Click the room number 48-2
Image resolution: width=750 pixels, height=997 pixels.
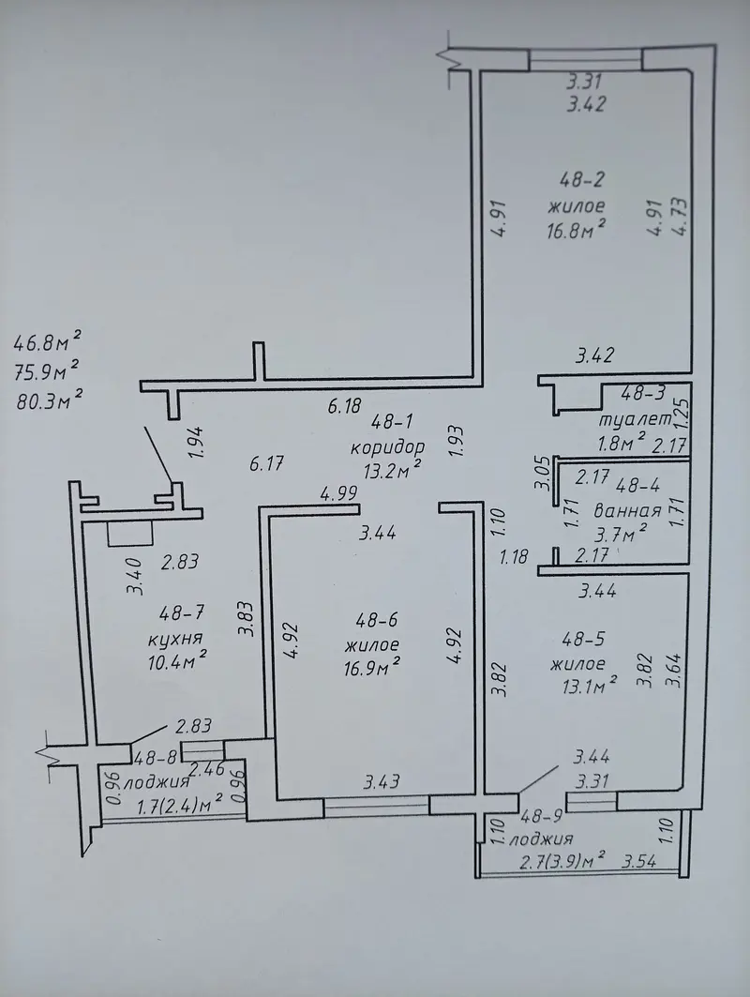pos(581,181)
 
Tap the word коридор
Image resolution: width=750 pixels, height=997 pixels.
pos(387,446)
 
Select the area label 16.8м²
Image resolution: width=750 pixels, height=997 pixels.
pos(576,229)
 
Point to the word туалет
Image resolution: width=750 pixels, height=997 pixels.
pos(635,420)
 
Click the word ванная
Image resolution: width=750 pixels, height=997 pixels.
pos(628,510)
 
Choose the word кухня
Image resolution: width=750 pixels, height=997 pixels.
pos(174,638)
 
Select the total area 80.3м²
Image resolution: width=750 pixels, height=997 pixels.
pos(49,401)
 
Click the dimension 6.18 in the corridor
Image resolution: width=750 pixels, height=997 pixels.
pos(344,406)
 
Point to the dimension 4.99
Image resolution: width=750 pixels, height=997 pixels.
pos(338,492)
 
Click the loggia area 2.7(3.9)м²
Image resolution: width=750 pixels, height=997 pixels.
pos(562,861)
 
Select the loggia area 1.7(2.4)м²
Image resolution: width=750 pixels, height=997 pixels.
pos(180,805)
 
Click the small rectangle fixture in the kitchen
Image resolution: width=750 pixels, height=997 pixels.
pos(129,533)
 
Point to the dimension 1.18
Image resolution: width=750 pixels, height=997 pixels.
pos(514,558)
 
